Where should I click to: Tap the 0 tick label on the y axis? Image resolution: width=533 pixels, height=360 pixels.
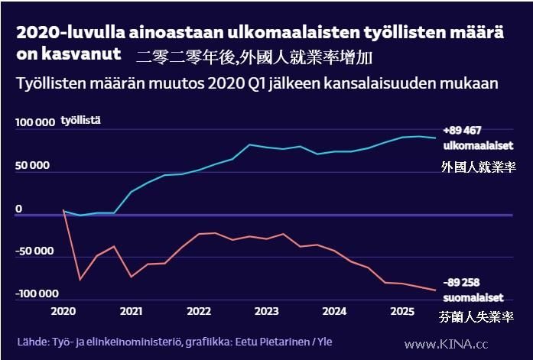(x=19, y=209)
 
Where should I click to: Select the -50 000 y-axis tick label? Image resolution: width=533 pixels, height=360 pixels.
(x=34, y=251)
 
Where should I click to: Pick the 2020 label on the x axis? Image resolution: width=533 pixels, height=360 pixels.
(x=63, y=311)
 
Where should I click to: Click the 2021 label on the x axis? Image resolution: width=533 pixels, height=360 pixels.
(x=131, y=311)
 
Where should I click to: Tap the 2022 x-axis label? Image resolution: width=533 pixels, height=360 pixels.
(x=199, y=311)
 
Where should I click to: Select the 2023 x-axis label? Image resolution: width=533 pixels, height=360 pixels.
(x=266, y=311)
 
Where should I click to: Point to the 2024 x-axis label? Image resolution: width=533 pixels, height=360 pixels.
(x=334, y=311)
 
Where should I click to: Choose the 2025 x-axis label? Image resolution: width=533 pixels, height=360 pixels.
(x=402, y=311)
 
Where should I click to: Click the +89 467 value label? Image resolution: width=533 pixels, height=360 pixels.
(x=461, y=131)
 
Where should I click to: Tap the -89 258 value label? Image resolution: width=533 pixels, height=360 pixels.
(x=462, y=283)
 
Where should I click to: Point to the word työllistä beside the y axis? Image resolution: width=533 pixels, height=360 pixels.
(x=81, y=121)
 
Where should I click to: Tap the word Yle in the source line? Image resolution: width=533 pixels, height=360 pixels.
(x=324, y=342)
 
